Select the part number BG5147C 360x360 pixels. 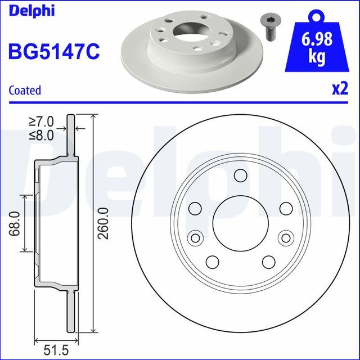pyautogui.click(x=53, y=51)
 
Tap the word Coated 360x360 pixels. pyautogui.click(x=25, y=90)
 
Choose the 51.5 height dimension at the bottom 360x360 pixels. pyautogui.click(x=56, y=350)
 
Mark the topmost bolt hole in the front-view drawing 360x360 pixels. pyautogui.click(x=239, y=175)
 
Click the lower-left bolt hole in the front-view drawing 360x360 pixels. pyautogui.click(x=212, y=261)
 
